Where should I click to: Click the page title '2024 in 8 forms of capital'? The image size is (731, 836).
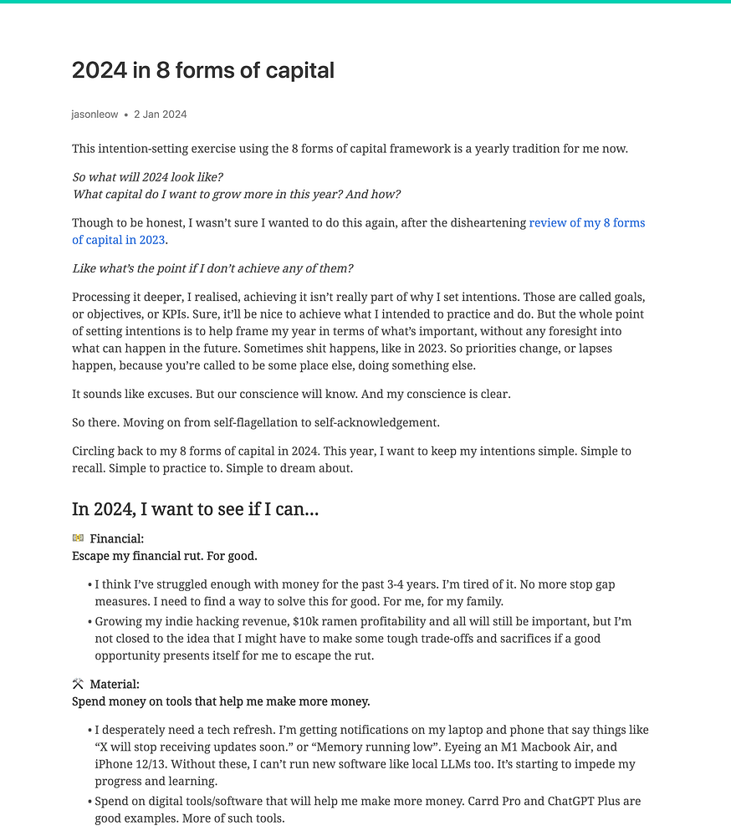pyautogui.click(x=203, y=70)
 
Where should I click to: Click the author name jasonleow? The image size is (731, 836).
pyautogui.click(x=95, y=115)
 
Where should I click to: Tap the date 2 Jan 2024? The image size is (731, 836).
pyautogui.click(x=160, y=115)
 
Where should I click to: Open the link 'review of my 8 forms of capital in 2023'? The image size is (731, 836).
pyautogui.click(x=586, y=223)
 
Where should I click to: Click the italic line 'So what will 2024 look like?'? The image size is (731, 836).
pyautogui.click(x=147, y=177)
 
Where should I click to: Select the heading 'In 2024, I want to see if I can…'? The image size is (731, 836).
pyautogui.click(x=195, y=509)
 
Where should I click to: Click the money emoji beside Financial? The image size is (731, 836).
pyautogui.click(x=78, y=538)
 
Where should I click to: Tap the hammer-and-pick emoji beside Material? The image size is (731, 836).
pyautogui.click(x=78, y=684)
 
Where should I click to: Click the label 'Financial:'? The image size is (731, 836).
pyautogui.click(x=117, y=539)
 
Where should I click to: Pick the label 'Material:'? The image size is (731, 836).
pyautogui.click(x=115, y=685)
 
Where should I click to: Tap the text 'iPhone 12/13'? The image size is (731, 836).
pyautogui.click(x=130, y=765)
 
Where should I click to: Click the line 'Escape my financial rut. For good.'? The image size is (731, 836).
pyautogui.click(x=165, y=556)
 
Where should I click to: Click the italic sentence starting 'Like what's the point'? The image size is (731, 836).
pyautogui.click(x=212, y=268)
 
